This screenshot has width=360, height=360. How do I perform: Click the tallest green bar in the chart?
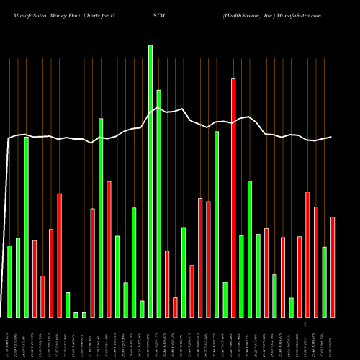(x=150, y=181)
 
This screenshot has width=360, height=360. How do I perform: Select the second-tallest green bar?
(x=158, y=204)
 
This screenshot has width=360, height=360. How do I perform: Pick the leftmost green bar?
(x=9, y=282)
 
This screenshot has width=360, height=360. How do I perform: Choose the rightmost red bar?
(x=333, y=267)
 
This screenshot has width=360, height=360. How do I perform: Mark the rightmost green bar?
(x=324, y=282)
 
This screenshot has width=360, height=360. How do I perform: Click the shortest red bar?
(x=175, y=307)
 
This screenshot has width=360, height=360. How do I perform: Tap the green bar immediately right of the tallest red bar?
(x=241, y=276)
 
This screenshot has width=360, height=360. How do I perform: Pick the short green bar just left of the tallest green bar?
(x=142, y=309)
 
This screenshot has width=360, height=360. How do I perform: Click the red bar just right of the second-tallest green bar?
(x=167, y=284)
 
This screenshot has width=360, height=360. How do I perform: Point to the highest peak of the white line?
(x=151, y=108)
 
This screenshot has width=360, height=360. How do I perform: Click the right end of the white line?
(x=332, y=137)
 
